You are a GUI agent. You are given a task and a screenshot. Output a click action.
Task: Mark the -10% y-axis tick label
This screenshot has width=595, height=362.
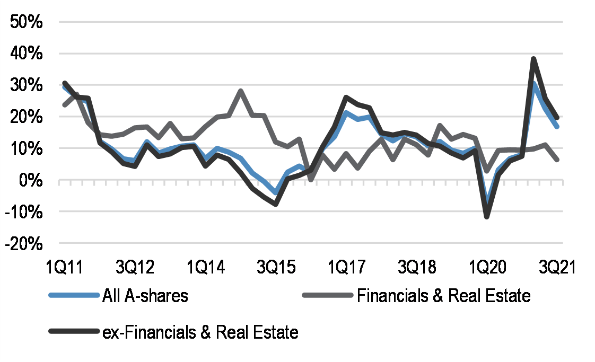pyautogui.click(x=24, y=212)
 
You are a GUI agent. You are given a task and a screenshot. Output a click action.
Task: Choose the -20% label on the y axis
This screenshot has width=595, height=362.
pyautogui.click(x=24, y=243)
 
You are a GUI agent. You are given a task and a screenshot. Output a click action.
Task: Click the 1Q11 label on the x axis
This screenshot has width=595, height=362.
pyautogui.click(x=65, y=266)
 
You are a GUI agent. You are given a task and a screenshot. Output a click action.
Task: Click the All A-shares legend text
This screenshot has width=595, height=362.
pyautogui.click(x=145, y=296)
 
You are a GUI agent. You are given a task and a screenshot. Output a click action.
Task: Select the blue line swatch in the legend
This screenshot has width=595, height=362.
pyautogui.click(x=74, y=296)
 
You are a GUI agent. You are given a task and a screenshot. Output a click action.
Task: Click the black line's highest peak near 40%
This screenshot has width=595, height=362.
pyautogui.click(x=533, y=59)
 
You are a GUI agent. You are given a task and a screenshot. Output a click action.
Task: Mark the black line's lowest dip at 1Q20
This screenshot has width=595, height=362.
pyautogui.click(x=486, y=216)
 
